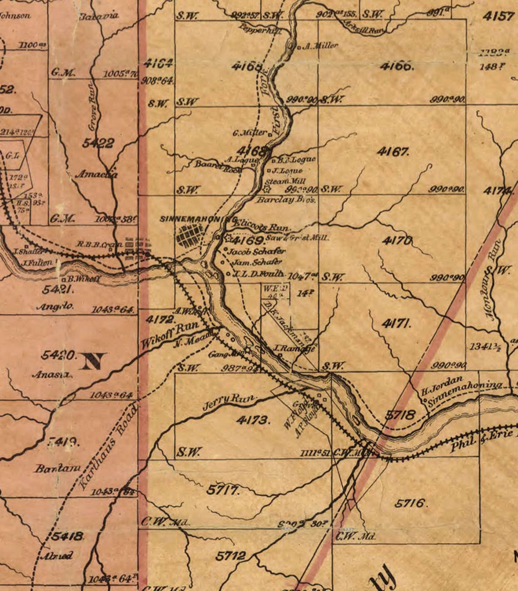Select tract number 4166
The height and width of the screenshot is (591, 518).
click(397, 66)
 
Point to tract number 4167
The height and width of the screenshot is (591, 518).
click(393, 152)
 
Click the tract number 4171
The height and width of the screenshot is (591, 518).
click(397, 324)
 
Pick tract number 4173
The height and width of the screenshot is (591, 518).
click(253, 420)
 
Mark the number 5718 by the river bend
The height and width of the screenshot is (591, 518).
click(400, 414)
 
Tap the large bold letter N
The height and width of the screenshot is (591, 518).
click(93, 361)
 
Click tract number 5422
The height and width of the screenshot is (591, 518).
click(98, 143)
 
